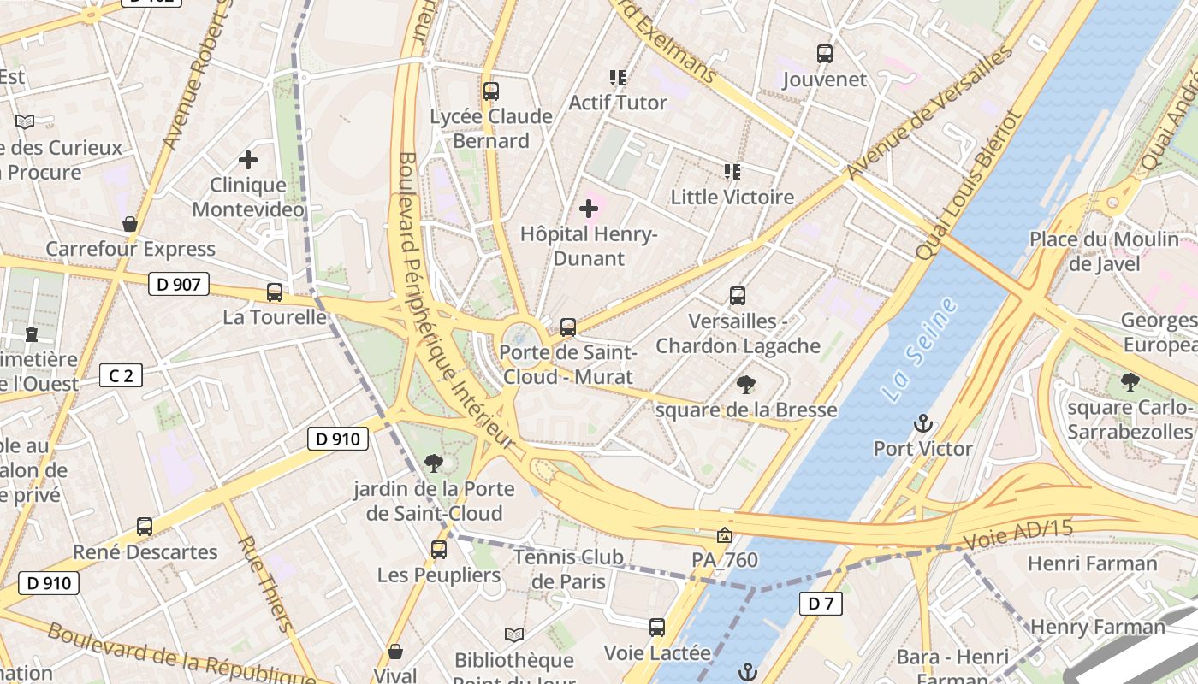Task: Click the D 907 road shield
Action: [179, 285]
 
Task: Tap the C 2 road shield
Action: [121, 374]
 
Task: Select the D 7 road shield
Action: [821, 604]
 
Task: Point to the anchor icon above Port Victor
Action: [922, 423]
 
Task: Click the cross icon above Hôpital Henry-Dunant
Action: [589, 209]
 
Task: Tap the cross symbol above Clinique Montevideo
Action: [248, 160]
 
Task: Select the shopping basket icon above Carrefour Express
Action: [130, 224]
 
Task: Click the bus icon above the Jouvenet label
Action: [825, 54]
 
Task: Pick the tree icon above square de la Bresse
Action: [746, 385]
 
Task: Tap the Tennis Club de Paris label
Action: [568, 569]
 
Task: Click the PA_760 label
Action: [725, 560]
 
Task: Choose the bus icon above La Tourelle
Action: [275, 292]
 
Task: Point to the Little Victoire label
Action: [732, 197]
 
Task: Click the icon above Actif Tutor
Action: [618, 78]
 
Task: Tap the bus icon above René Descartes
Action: [145, 527]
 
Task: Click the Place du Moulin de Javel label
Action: [1104, 251]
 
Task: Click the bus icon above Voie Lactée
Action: [657, 628]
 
